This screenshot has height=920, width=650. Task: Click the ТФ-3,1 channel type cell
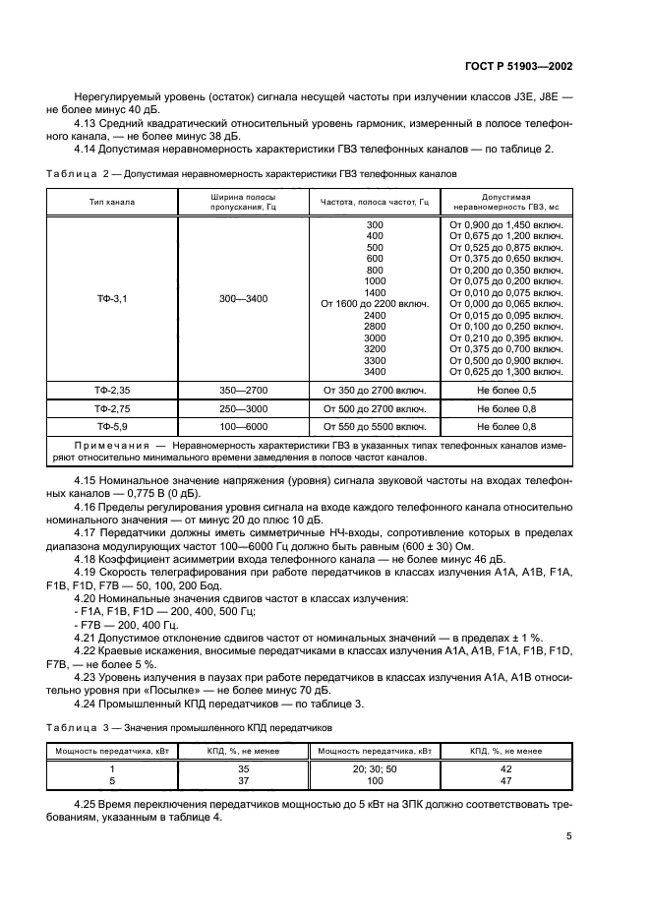coord(113,298)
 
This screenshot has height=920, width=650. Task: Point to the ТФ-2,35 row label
coord(113,390)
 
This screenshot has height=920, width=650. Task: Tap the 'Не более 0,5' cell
coord(506,390)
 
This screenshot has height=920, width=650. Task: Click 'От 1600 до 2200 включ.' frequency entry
coord(375,304)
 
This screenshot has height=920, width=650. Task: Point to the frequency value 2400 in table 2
coord(375,316)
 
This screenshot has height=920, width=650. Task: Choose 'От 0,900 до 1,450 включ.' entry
coord(506,225)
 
